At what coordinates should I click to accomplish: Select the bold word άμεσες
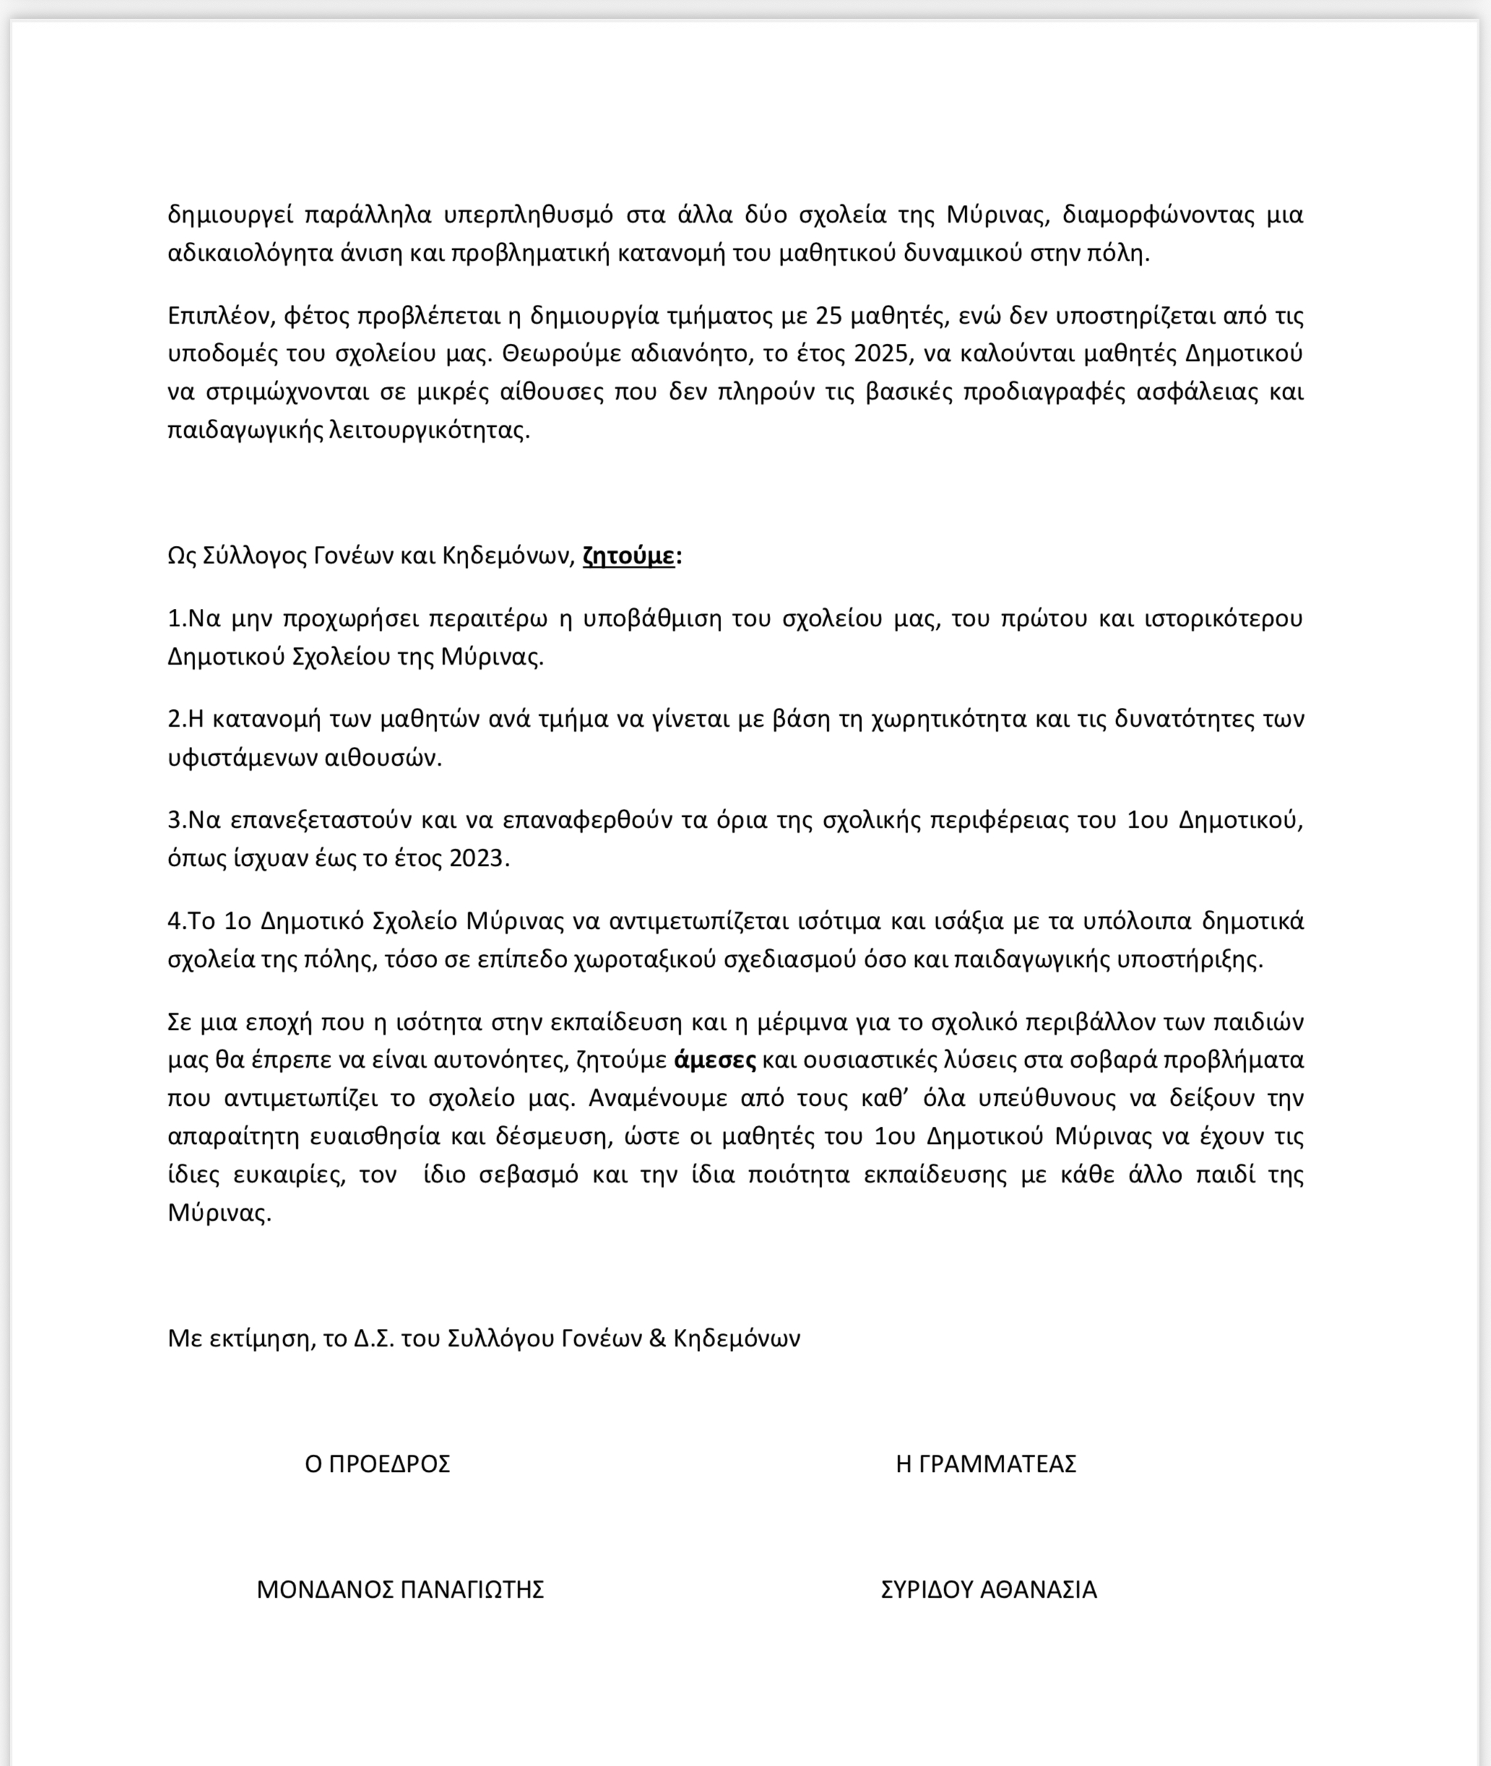[x=714, y=1060]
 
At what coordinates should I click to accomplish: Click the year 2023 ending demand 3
[x=477, y=859]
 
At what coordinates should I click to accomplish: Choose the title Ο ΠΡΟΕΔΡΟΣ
[x=377, y=1463]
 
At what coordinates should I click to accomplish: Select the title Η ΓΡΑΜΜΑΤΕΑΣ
[x=985, y=1463]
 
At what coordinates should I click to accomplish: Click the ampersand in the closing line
[x=657, y=1338]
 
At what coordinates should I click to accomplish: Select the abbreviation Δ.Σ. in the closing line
[x=374, y=1338]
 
